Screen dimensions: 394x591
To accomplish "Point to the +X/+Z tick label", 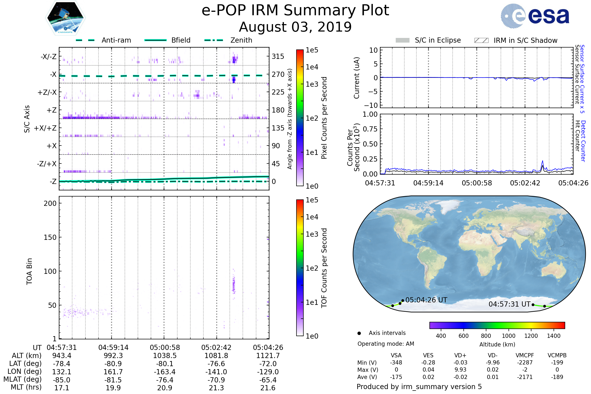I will pyautogui.click(x=45, y=128).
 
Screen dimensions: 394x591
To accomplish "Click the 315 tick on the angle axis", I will pyautogui.click(x=278, y=56).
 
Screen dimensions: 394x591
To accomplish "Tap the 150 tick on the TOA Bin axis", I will pyautogui.click(x=50, y=237).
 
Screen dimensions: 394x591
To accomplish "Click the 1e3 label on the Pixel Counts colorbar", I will pyautogui.click(x=312, y=84).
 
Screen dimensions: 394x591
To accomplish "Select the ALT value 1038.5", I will pyautogui.click(x=165, y=356).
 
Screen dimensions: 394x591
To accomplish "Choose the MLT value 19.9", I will pyautogui.click(x=113, y=388).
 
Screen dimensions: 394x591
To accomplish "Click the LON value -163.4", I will pyautogui.click(x=165, y=372).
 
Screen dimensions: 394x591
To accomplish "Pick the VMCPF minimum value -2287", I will pyautogui.click(x=525, y=362).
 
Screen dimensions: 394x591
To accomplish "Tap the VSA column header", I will pyautogui.click(x=396, y=355).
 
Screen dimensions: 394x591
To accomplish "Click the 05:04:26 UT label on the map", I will pyautogui.click(x=426, y=300).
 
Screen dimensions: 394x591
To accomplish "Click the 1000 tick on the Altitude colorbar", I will pyautogui.click(x=508, y=336).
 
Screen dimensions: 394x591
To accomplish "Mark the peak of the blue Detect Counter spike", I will pyautogui.click(x=542, y=161).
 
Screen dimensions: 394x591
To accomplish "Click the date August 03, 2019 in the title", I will pyautogui.click(x=295, y=27).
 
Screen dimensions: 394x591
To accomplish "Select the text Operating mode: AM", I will pyautogui.click(x=386, y=344).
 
